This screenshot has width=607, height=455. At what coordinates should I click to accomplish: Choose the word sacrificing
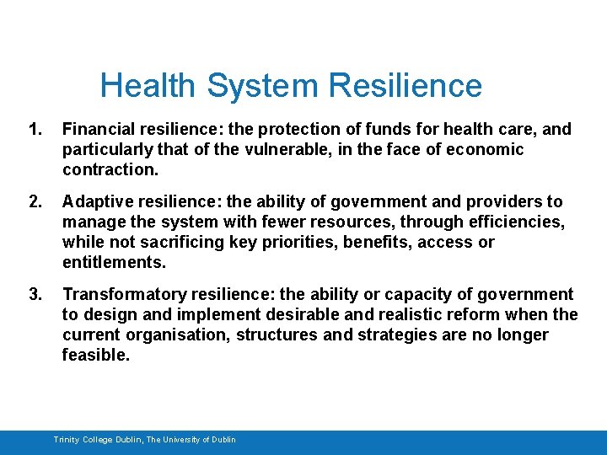coord(186,243)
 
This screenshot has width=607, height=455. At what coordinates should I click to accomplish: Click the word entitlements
coord(112,263)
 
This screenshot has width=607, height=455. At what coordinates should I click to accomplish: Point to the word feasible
coord(95,356)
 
